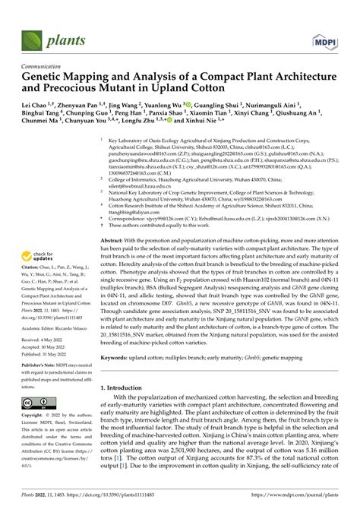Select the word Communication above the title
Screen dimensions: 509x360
[38, 67]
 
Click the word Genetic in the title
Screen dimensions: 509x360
[46, 78]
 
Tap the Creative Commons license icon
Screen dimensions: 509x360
[37, 402]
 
